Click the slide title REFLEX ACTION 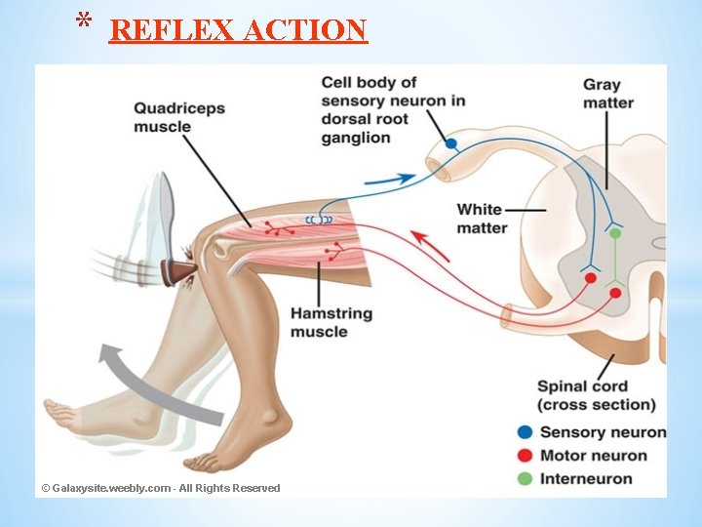pyautogui.click(x=238, y=30)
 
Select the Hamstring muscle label pyautogui.click(x=332, y=323)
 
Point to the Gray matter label pyautogui.click(x=608, y=94)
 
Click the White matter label pyautogui.click(x=481, y=218)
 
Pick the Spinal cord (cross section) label pyautogui.click(x=596, y=395)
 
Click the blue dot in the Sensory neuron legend pyautogui.click(x=525, y=432)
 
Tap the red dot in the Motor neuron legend pyautogui.click(x=525, y=456)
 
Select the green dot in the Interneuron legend pyautogui.click(x=525, y=479)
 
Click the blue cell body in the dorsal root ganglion pyautogui.click(x=450, y=143)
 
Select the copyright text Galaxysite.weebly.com pyautogui.click(x=161, y=488)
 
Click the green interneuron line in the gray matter pyautogui.click(x=614, y=259)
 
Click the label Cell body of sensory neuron pyautogui.click(x=392, y=109)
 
